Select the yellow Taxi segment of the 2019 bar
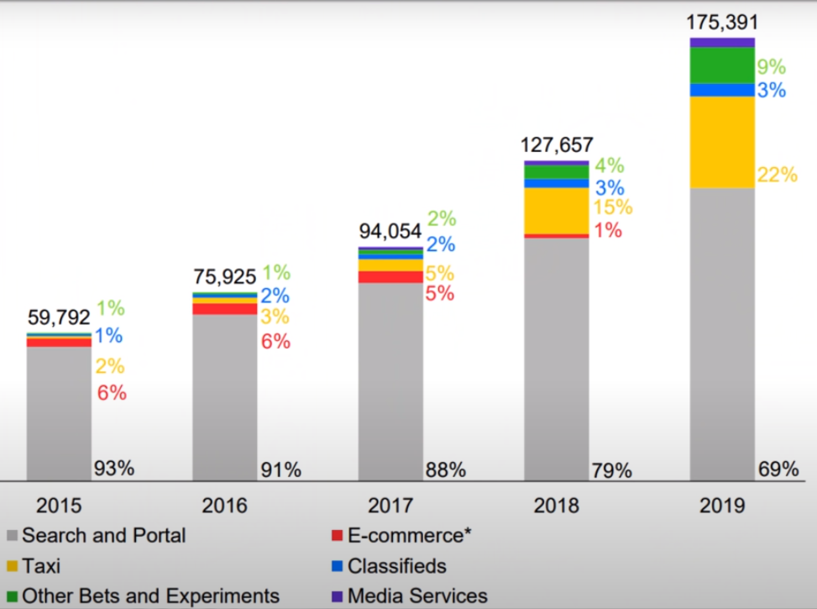(x=722, y=141)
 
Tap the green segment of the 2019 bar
(x=722, y=65)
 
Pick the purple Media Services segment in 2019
(x=722, y=42)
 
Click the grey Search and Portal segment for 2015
(x=59, y=412)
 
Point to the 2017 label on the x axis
(x=390, y=506)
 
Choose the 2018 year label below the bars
(x=556, y=506)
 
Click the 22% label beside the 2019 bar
(x=778, y=175)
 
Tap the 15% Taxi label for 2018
(x=613, y=207)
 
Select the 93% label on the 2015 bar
(x=114, y=468)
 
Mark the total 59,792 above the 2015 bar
(x=59, y=318)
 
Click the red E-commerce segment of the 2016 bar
(x=224, y=308)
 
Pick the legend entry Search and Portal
(x=103, y=535)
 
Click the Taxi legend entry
(x=41, y=566)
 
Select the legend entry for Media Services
(x=416, y=596)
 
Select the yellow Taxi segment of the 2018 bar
(x=557, y=210)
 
